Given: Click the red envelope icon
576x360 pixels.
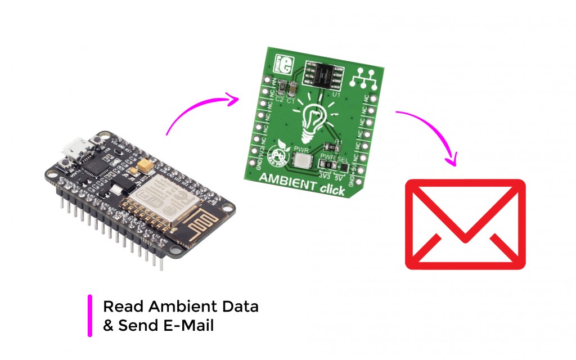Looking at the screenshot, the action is (465, 224).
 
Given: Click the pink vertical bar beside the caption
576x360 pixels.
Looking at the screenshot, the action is (90, 316).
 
